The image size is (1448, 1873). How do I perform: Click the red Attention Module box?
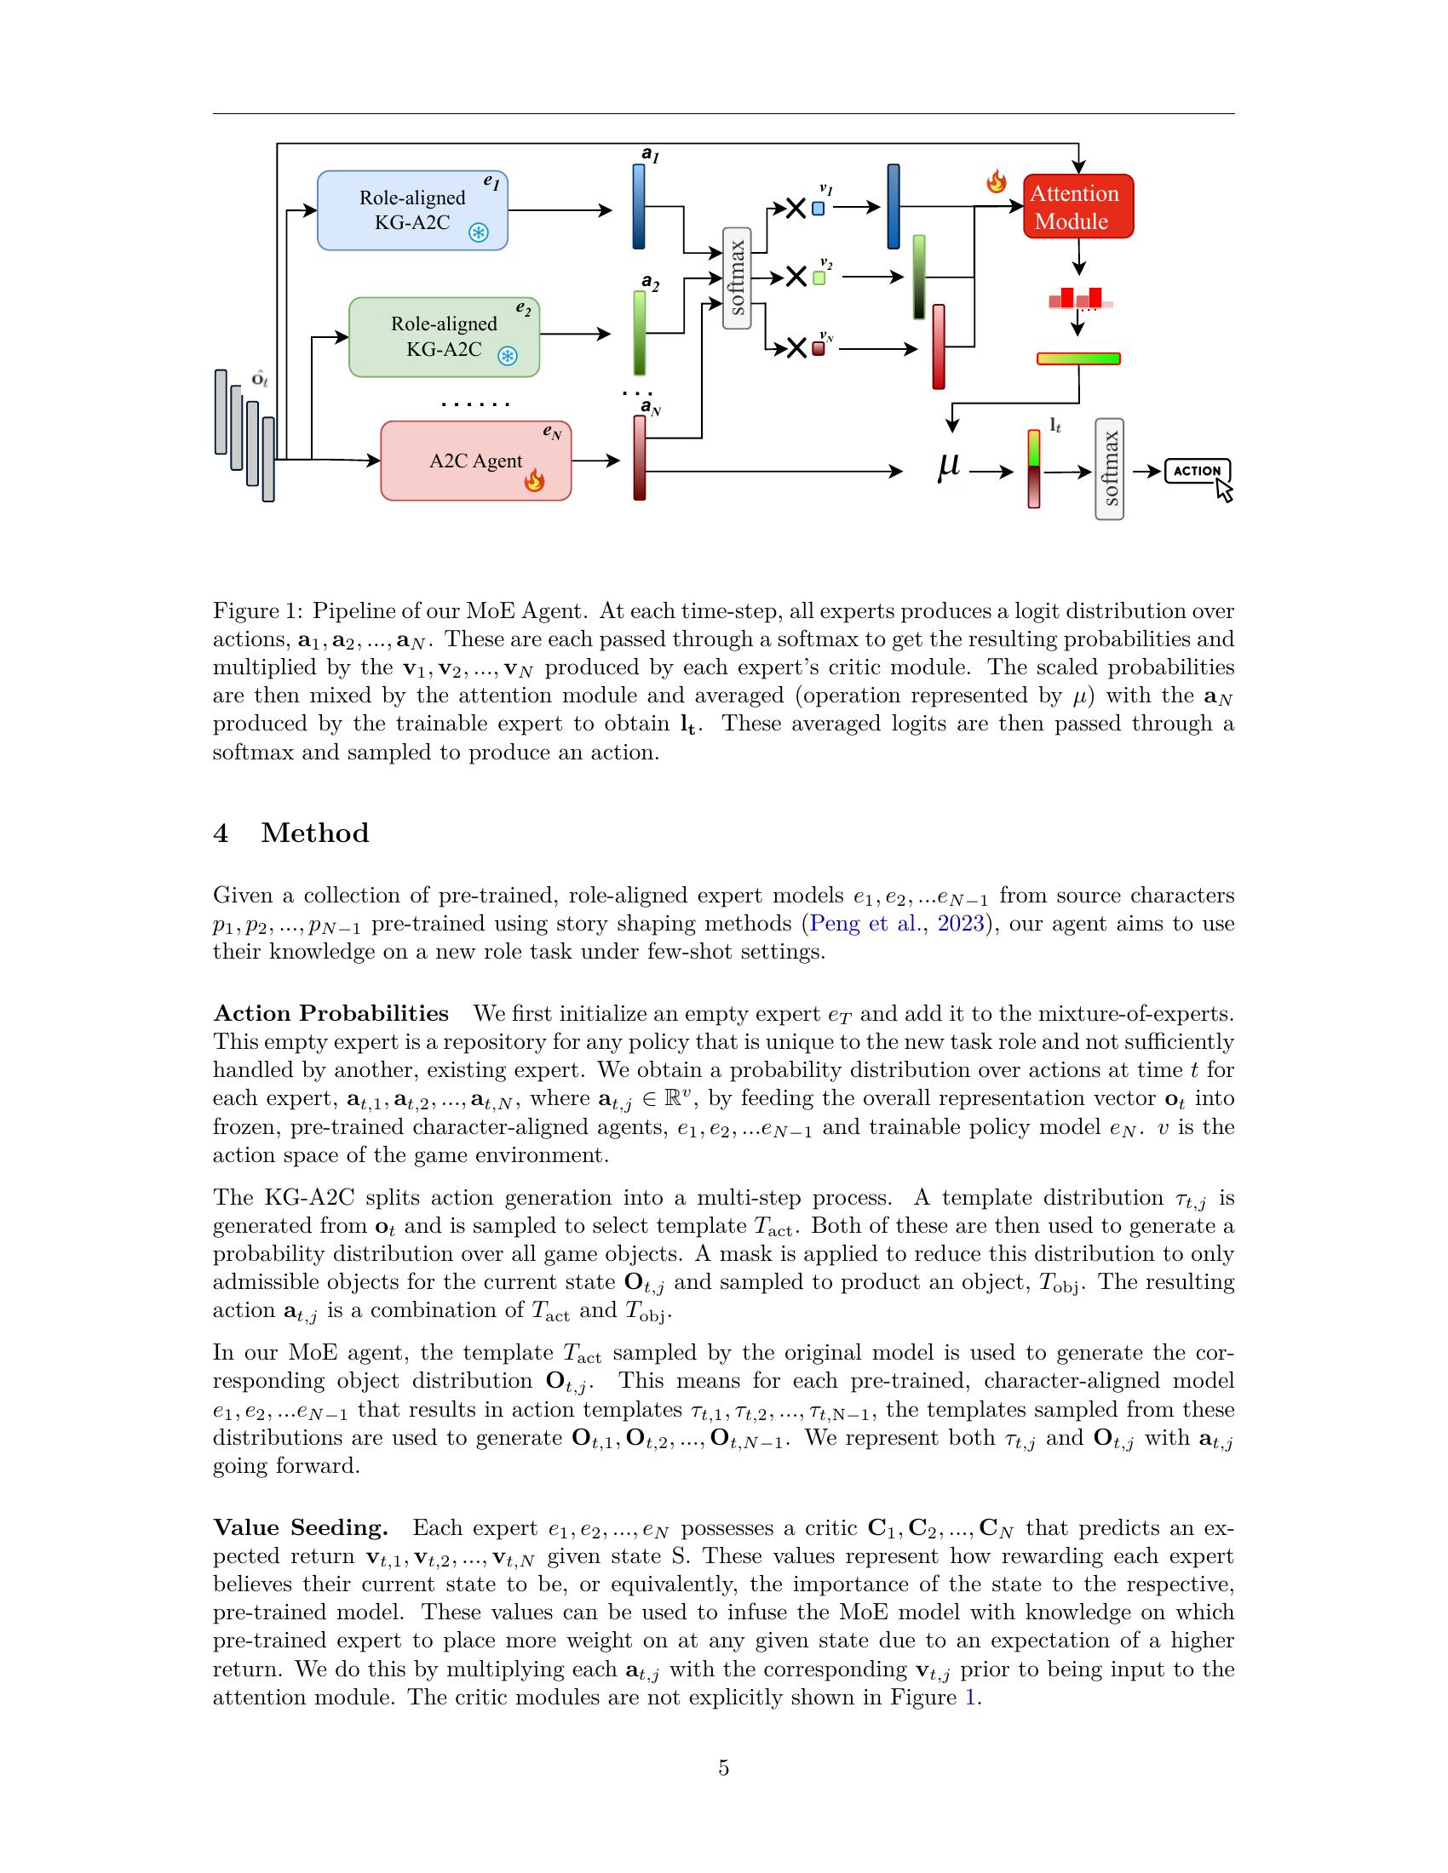pos(1077,207)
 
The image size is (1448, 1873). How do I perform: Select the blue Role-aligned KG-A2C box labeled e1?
pos(412,210)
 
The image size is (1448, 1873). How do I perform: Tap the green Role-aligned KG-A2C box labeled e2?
pos(444,336)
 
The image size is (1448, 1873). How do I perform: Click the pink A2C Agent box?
pos(475,461)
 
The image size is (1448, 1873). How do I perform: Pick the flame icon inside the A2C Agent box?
pos(533,480)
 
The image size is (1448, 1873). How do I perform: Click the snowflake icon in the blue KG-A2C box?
pos(478,232)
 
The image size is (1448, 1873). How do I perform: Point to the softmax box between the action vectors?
pos(737,278)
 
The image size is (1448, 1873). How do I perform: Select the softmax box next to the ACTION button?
pos(1109,469)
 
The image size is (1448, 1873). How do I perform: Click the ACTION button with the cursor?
pos(1198,471)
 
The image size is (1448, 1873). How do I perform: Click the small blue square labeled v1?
pos(818,209)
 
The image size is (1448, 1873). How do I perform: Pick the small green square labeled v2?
pos(819,278)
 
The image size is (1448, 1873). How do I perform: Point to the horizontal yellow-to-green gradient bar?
pos(1078,358)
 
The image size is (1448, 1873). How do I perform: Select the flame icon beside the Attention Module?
pos(996,182)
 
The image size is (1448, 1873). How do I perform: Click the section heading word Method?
pos(315,833)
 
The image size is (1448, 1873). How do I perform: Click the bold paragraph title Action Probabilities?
pos(330,1014)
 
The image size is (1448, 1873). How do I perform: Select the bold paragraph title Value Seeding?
pos(300,1528)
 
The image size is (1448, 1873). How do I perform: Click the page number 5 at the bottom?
pos(723,1768)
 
